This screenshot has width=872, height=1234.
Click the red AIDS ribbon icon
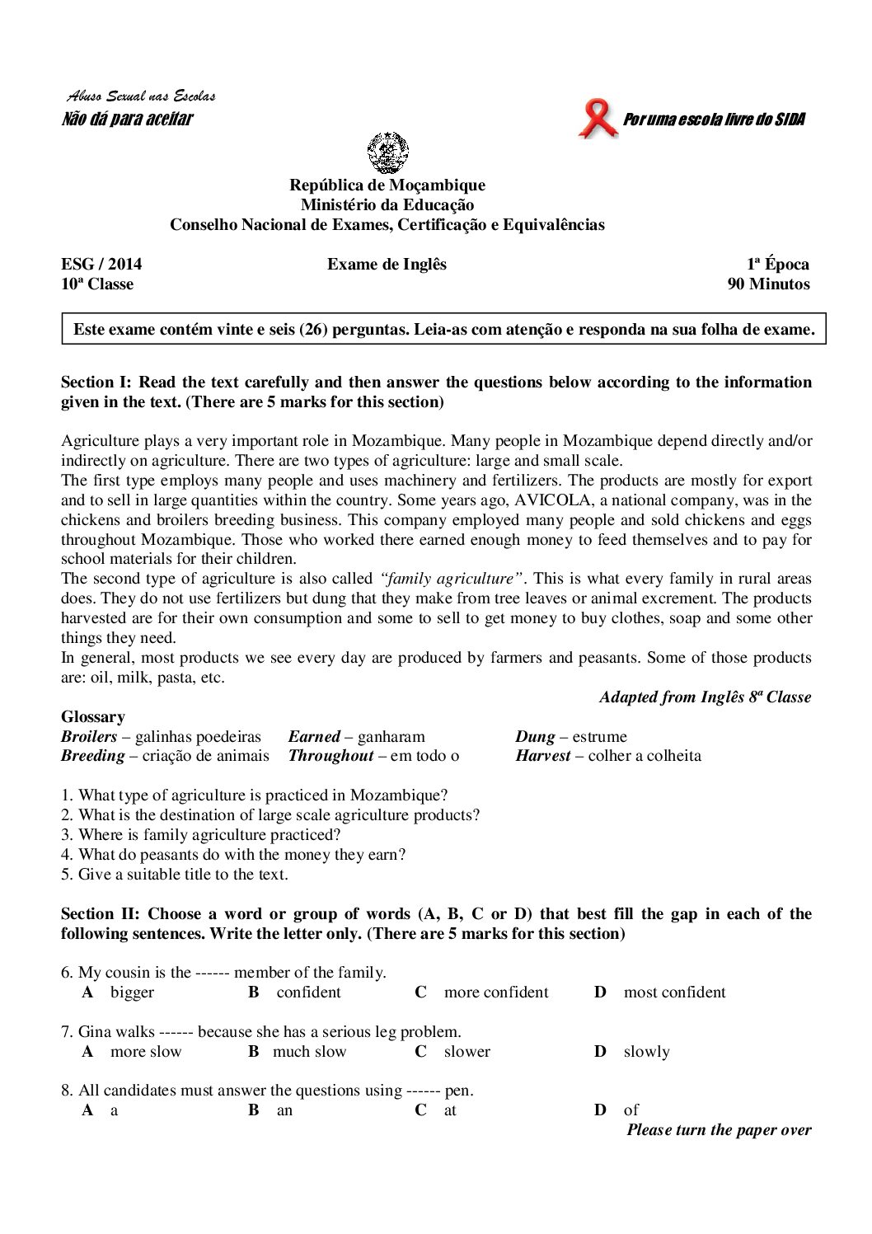point(598,119)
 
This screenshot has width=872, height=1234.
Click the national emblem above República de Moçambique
point(387,152)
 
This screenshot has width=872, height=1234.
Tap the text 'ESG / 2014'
point(101,265)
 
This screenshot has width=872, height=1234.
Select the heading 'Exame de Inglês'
point(387,265)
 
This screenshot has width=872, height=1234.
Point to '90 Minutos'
point(768,284)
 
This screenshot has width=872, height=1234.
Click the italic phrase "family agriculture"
point(453,579)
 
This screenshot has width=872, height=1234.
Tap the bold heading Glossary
point(93,717)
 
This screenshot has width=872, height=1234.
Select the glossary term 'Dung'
point(535,737)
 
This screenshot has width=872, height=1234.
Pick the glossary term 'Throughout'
point(331,756)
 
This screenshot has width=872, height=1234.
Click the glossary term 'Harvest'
point(542,756)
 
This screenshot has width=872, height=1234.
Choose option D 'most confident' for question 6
point(674,992)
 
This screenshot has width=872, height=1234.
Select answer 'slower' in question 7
point(466,1052)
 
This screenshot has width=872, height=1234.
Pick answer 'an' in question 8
point(284,1110)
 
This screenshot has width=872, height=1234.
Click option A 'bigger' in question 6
point(132,992)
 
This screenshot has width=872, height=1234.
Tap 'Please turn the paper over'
point(719,1130)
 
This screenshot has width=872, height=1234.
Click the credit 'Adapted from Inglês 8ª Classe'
point(705,697)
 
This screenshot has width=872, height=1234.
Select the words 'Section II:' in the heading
point(101,914)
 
